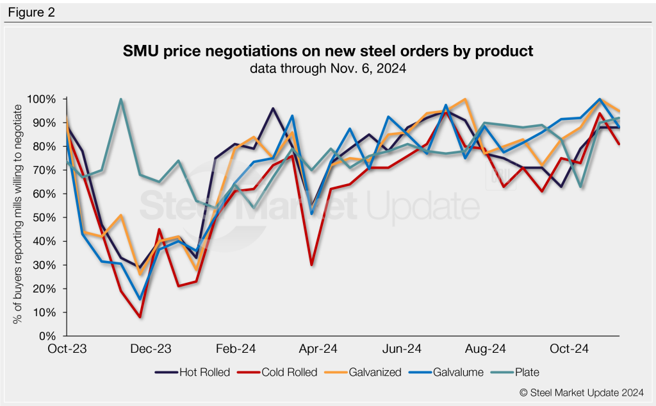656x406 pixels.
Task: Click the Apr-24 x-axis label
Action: click(319, 350)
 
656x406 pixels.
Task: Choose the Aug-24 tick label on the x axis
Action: click(485, 350)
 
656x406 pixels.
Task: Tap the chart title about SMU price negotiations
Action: click(328, 51)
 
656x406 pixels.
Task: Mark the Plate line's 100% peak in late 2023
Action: click(121, 99)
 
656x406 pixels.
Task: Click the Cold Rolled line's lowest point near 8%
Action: click(140, 317)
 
